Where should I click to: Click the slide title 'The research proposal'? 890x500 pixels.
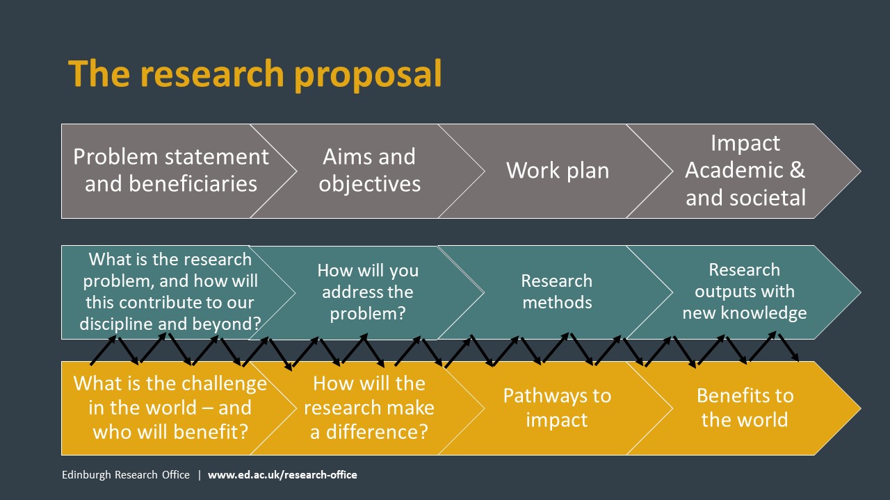click(x=254, y=74)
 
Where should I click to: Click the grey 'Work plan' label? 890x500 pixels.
click(x=558, y=170)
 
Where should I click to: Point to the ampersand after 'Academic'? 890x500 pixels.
click(x=797, y=170)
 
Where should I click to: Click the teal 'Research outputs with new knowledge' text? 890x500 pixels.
click(x=745, y=291)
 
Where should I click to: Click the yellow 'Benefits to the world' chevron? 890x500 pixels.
click(x=744, y=408)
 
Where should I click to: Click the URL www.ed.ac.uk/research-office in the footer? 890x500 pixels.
click(x=282, y=474)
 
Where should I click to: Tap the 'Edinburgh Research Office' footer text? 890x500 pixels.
click(x=126, y=474)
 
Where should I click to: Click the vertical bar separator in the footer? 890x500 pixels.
click(x=199, y=475)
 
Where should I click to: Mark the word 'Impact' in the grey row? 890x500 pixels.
click(x=745, y=143)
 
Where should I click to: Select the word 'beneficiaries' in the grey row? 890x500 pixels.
click(x=193, y=184)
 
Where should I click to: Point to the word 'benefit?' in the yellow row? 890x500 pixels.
click(x=211, y=432)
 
